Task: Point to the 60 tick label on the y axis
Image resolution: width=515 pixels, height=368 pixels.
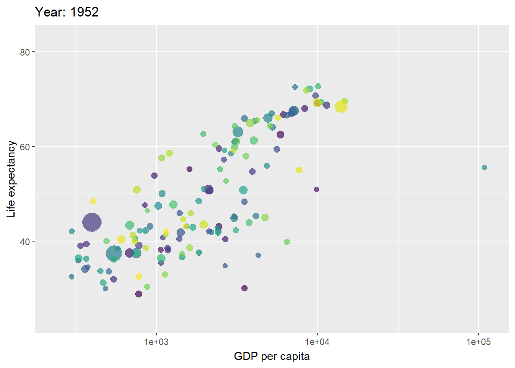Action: (x=25, y=147)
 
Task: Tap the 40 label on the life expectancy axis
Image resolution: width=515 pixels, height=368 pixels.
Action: (x=25, y=242)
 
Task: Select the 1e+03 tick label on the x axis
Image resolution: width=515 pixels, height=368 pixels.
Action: (x=156, y=342)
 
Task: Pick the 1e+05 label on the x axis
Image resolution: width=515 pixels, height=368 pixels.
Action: (x=478, y=342)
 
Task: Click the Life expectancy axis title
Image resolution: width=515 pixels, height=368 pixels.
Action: (x=11, y=179)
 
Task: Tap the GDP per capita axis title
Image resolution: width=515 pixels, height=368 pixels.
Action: (x=272, y=356)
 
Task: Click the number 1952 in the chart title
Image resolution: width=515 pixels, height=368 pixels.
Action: (x=84, y=12)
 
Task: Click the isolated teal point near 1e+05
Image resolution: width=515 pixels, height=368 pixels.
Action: (x=484, y=168)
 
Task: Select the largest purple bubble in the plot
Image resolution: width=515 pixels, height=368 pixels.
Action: (x=92, y=222)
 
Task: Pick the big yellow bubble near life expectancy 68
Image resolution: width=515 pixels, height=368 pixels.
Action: (x=341, y=107)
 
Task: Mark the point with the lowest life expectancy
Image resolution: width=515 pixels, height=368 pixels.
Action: (x=139, y=294)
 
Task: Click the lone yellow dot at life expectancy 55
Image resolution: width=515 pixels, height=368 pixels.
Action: (x=299, y=170)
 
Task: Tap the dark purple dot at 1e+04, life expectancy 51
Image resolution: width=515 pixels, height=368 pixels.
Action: (x=317, y=189)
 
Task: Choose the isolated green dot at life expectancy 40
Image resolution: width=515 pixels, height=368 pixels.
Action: (x=287, y=242)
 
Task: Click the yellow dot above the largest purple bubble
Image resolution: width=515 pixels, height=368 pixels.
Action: (x=93, y=201)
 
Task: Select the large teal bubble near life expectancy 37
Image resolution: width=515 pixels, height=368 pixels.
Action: (x=113, y=253)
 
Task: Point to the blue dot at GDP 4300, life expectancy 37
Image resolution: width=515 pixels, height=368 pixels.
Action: (x=258, y=255)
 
